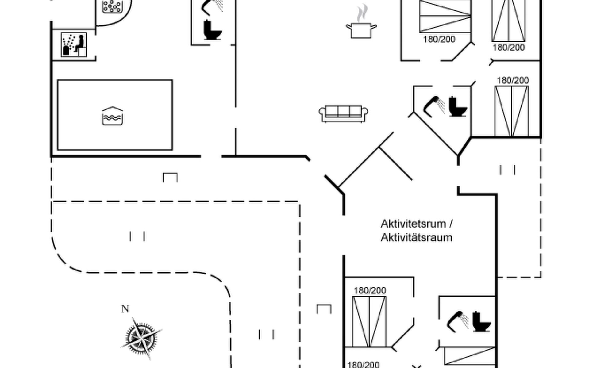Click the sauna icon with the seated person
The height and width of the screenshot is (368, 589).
click(x=74, y=45)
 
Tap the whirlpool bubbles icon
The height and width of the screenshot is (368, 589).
click(x=112, y=6)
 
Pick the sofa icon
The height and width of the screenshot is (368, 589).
click(x=343, y=113)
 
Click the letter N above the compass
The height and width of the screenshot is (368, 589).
click(x=125, y=309)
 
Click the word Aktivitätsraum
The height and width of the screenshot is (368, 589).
click(x=416, y=238)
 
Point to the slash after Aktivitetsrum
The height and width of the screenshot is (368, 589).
click(x=451, y=224)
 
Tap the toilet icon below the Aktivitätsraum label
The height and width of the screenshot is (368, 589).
click(x=481, y=322)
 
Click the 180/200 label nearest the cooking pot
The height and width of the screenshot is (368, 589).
click(x=439, y=40)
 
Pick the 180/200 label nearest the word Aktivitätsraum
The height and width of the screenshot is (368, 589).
click(x=370, y=290)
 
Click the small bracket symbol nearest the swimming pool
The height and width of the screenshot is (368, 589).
click(x=170, y=178)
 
